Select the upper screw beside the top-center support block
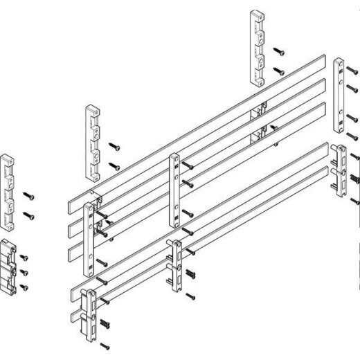tap(278, 51)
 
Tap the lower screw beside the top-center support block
tap(278, 71)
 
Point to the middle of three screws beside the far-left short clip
tap(24, 272)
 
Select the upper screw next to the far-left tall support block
tap(28, 195)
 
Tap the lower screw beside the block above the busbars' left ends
tap(111, 165)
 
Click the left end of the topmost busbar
tap(73, 206)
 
